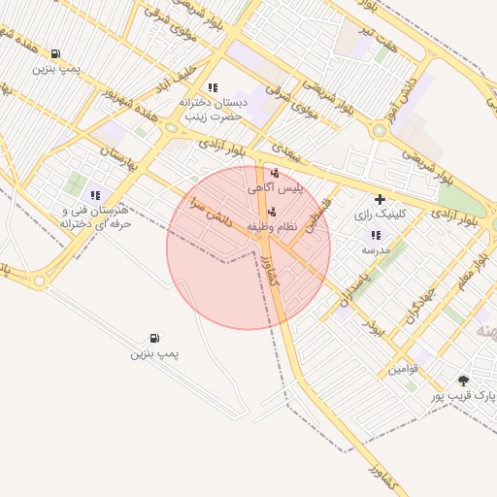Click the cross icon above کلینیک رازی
point(380,199)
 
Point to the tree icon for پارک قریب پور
point(463,381)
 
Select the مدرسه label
point(376,249)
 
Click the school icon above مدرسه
point(376,235)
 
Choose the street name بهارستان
point(119,160)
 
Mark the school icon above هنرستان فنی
point(95,195)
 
